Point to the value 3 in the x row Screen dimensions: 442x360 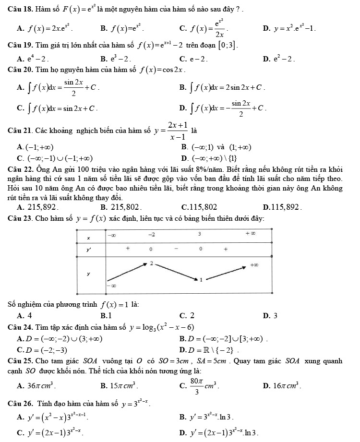point(199,234)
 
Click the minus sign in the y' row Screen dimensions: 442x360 point(176,249)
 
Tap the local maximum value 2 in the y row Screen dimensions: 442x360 point(151,263)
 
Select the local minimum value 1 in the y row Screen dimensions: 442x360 point(201,279)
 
